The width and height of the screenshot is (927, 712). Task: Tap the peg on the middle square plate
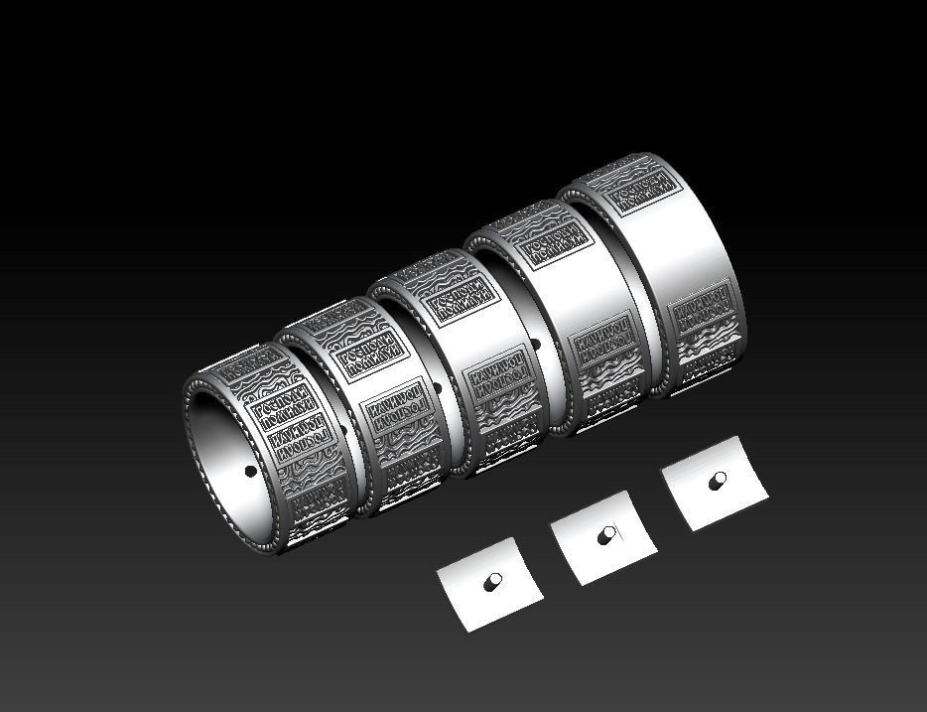coord(606,536)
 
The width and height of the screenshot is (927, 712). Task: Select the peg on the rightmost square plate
coord(717,482)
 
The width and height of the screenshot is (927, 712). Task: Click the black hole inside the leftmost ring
coord(248,472)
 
